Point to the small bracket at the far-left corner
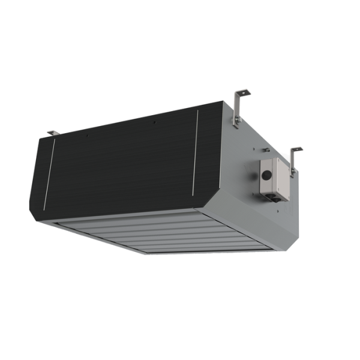pos(52,132)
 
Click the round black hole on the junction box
pos(264,176)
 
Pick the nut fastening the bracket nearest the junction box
pos(292,172)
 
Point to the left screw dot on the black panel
pos(87,135)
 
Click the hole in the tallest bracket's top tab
pos(242,92)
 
